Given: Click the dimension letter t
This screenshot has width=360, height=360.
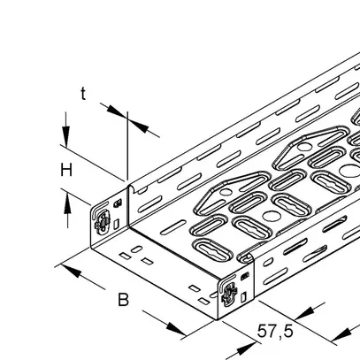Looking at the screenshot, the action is (x=84, y=94).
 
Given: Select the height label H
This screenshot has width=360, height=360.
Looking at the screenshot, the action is (x=66, y=171).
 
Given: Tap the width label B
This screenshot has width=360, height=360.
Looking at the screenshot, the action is (x=124, y=300).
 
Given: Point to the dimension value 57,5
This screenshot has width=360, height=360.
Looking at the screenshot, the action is (x=275, y=331).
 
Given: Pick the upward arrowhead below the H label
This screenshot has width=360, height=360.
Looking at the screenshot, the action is (x=67, y=203).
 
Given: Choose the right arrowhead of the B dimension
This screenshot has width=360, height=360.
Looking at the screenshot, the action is (x=176, y=329).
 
